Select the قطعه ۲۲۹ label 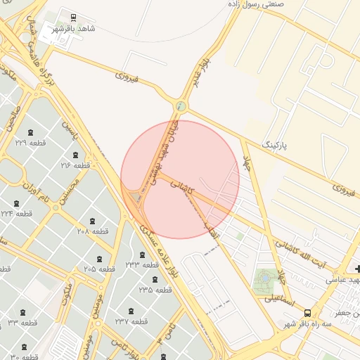point(30,143)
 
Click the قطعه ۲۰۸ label point(92,231)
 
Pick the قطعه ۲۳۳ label point(142,264)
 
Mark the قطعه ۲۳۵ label point(155,289)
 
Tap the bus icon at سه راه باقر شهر point(307,313)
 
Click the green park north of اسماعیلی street point(265,281)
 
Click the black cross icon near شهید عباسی point(359,269)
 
